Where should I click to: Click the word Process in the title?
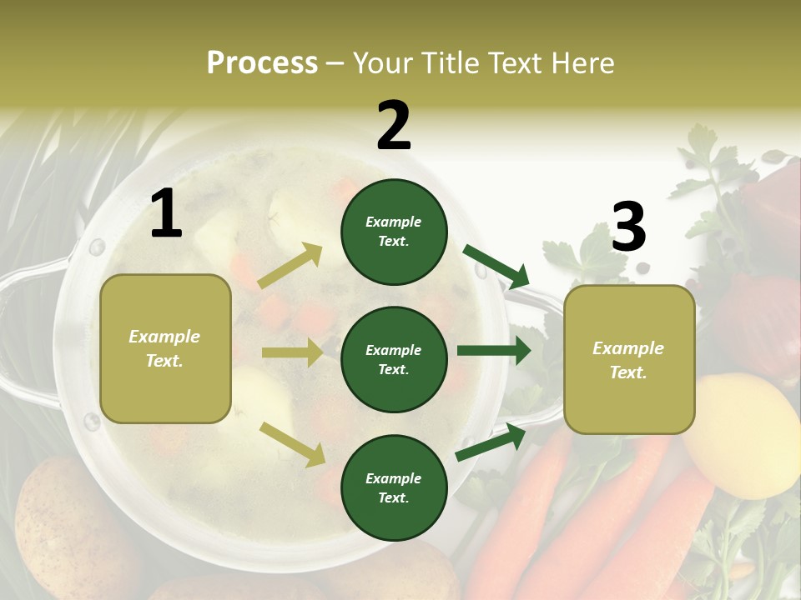tap(262, 63)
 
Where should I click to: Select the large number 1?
tap(166, 214)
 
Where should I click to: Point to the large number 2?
tap(394, 126)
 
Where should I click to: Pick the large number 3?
tap(628, 227)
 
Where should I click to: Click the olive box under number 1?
tap(165, 348)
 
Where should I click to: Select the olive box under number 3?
tap(629, 360)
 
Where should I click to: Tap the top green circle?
tap(394, 232)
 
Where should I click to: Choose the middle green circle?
tap(394, 359)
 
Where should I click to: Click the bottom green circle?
tap(394, 487)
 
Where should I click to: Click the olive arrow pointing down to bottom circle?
tap(293, 444)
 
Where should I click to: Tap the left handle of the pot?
tap(25, 333)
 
